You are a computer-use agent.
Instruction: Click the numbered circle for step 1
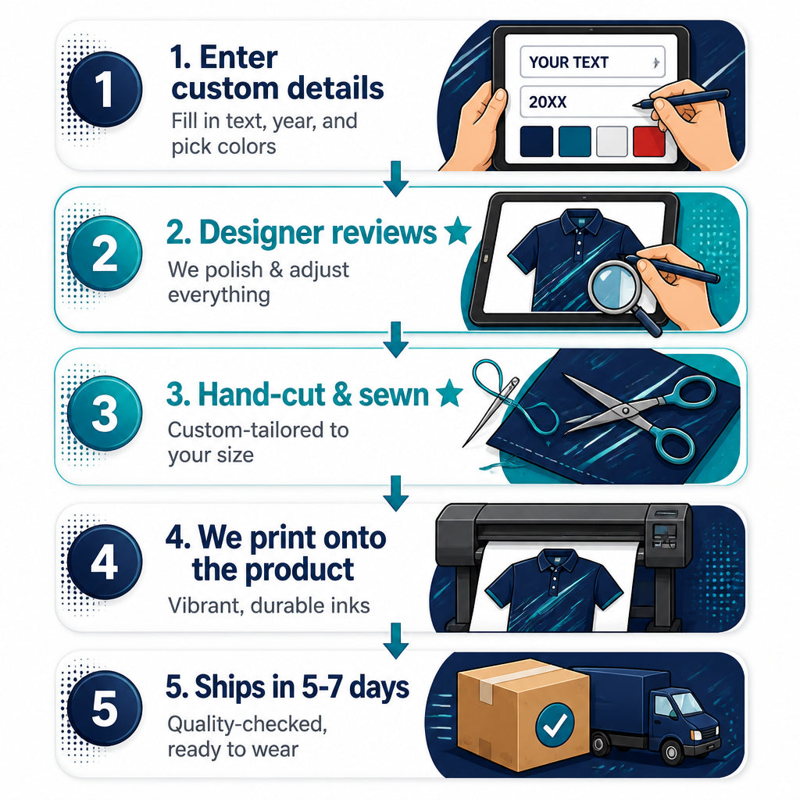[x=105, y=89]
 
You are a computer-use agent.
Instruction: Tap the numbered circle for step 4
[x=105, y=562]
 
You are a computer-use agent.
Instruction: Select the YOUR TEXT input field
[x=592, y=62]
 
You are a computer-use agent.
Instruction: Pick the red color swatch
[x=648, y=141]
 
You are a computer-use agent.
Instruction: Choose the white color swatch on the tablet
[x=612, y=141]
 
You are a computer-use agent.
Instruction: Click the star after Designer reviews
[x=457, y=230]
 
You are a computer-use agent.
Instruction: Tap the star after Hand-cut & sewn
[x=449, y=393]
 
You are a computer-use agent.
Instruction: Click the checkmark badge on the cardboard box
[x=555, y=723]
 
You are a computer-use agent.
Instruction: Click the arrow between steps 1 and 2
[x=396, y=179]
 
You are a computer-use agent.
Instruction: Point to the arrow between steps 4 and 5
[x=396, y=641]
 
